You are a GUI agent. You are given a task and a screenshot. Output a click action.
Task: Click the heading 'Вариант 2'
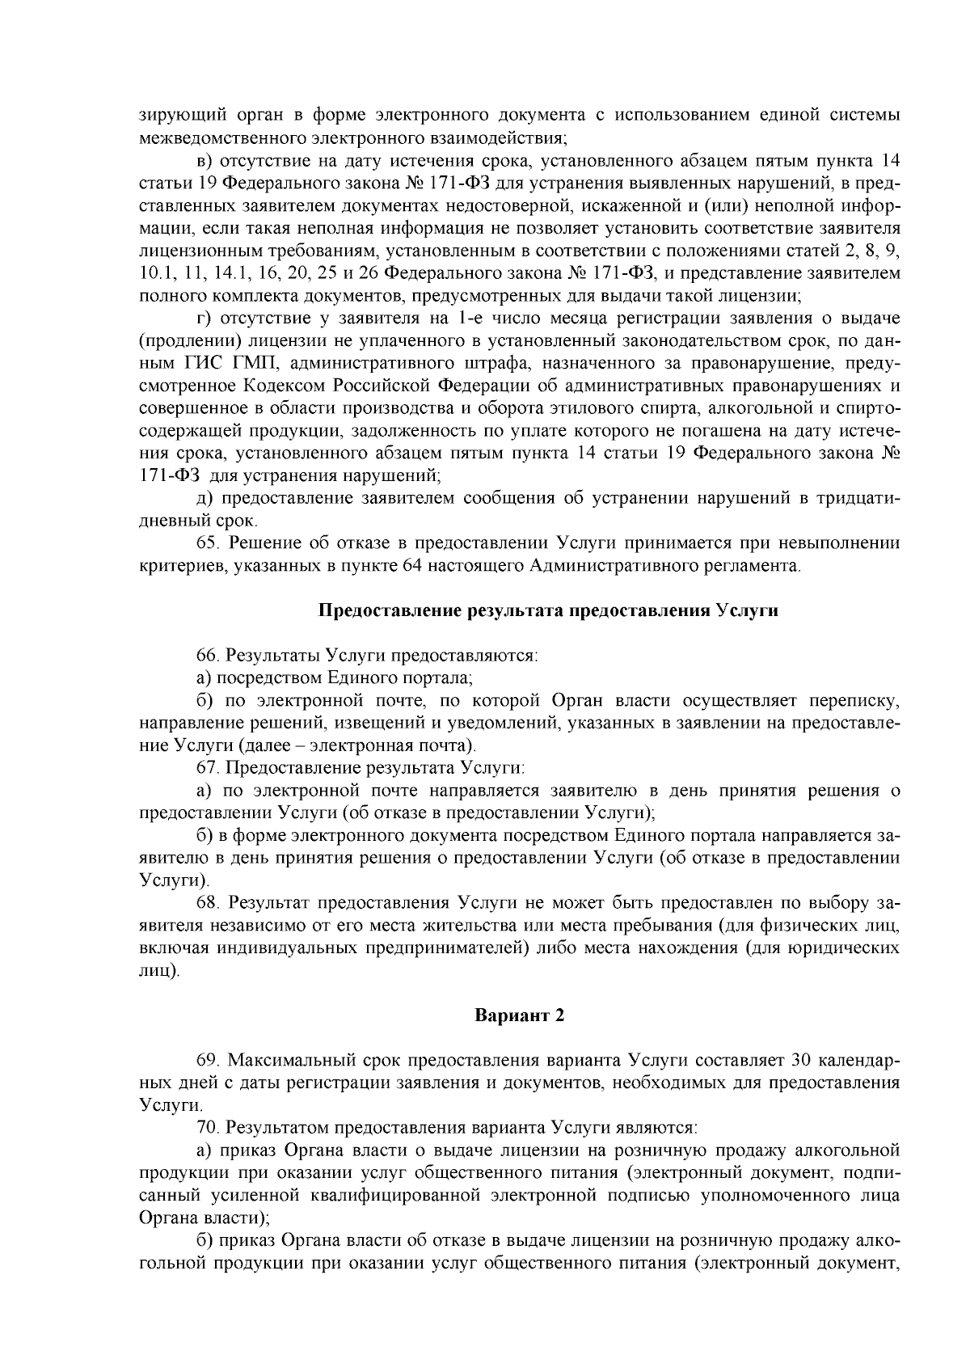coord(518,1016)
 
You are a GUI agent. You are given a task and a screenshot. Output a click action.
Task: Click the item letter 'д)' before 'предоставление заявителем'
coord(204,497)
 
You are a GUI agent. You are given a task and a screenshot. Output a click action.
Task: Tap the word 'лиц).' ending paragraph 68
coord(158,969)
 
